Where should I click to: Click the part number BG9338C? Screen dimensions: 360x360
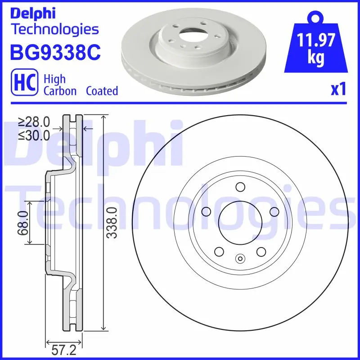click(55, 53)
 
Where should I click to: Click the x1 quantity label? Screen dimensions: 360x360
click(338, 90)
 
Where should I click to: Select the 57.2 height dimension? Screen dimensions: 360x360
click(63, 350)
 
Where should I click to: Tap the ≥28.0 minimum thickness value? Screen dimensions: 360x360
click(34, 121)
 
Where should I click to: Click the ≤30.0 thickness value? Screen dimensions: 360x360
click(34, 135)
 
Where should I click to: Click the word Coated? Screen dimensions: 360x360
click(102, 91)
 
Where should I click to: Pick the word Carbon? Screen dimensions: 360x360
click(60, 91)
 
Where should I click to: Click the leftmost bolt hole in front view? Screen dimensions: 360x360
click(207, 211)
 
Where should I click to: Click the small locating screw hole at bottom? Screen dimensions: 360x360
click(240, 258)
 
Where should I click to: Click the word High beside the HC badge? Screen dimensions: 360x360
click(54, 79)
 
